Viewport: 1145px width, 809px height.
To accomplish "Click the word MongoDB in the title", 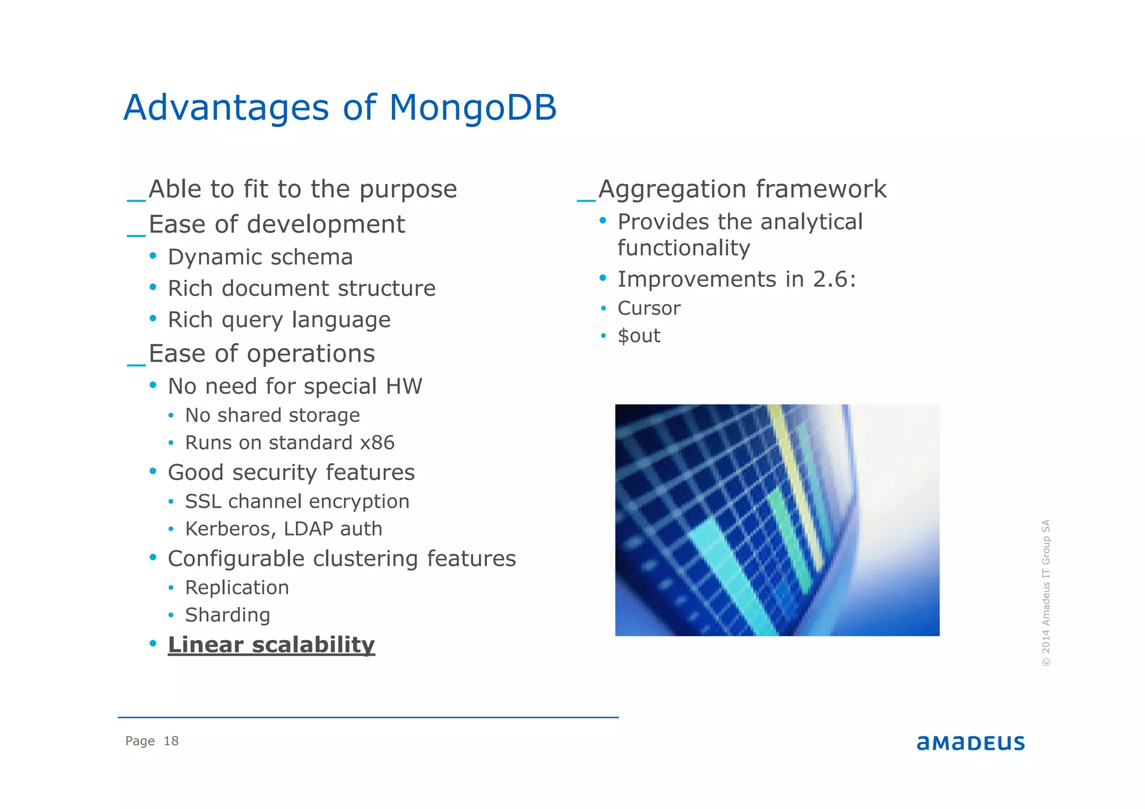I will pyautogui.click(x=472, y=107).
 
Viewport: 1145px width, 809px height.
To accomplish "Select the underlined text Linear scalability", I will pyautogui.click(x=271, y=645).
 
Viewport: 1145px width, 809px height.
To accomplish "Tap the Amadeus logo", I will pyautogui.click(x=971, y=742).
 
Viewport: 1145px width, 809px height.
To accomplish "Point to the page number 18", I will pyautogui.click(x=171, y=741).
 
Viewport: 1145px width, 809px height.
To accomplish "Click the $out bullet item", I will pyautogui.click(x=638, y=336).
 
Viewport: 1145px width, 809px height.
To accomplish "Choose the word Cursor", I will pyautogui.click(x=649, y=309).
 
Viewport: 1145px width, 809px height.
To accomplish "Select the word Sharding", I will pyautogui.click(x=228, y=615).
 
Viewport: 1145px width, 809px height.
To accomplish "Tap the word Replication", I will pyautogui.click(x=237, y=588).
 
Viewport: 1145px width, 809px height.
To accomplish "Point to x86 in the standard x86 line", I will pyautogui.click(x=377, y=443).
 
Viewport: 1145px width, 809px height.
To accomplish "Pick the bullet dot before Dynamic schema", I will pyautogui.click(x=153, y=256).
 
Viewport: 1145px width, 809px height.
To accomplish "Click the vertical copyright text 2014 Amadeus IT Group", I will pyautogui.click(x=1046, y=593).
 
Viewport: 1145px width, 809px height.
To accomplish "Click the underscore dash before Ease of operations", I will pyautogui.click(x=136, y=363).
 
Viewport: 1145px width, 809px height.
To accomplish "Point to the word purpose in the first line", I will pyautogui.click(x=408, y=190).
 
